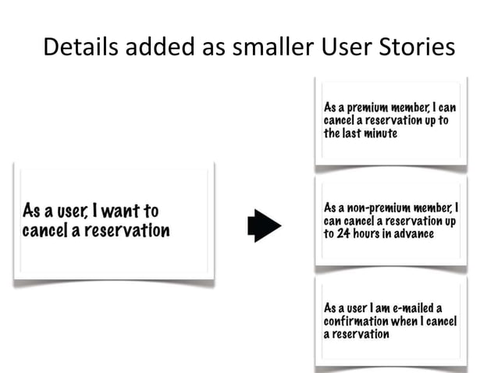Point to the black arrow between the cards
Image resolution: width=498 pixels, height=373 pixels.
click(x=264, y=225)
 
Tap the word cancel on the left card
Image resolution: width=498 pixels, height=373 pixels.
click(x=45, y=231)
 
